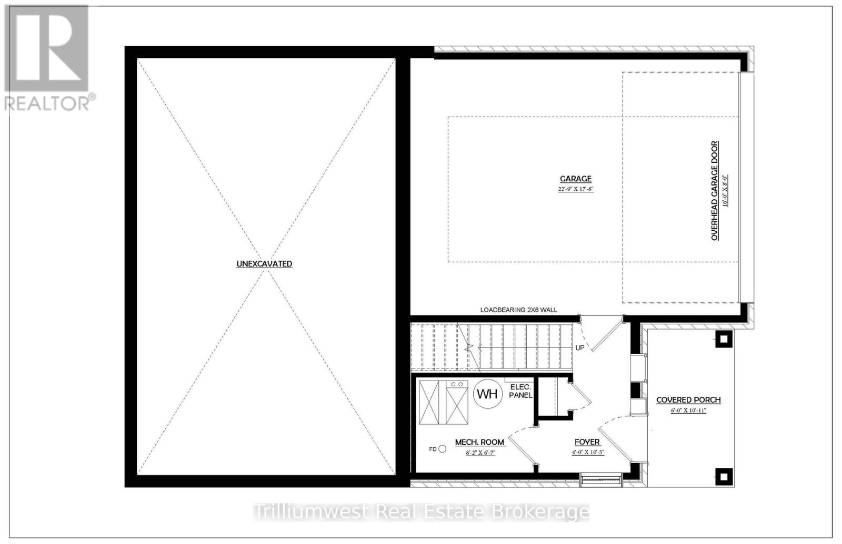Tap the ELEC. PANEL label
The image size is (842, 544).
520,391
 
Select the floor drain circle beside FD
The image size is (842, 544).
442,449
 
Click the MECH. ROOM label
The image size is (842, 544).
479,442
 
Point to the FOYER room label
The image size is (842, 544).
587,442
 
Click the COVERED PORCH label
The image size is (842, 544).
688,400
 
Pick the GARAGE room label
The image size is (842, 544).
576,179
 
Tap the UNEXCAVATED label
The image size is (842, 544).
264,264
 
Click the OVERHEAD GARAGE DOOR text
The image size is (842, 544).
715,191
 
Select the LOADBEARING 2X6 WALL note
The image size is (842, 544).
518,310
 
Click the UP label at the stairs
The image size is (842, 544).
580,348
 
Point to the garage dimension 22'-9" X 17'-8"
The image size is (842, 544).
576,189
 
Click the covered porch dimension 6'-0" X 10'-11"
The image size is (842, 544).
688,410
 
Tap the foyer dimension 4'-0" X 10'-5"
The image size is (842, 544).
588,452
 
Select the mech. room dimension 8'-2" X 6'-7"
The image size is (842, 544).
479,452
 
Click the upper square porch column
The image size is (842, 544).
724,339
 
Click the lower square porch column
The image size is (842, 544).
724,477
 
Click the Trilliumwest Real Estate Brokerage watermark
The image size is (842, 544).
421,511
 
